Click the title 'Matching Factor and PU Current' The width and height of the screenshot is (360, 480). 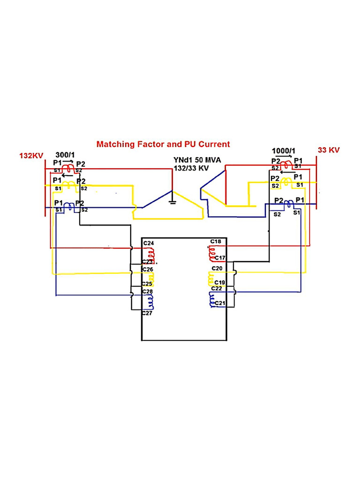pyautogui.click(x=163, y=144)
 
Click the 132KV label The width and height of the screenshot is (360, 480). pyautogui.click(x=31, y=155)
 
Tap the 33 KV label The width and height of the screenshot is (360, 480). pyautogui.click(x=329, y=150)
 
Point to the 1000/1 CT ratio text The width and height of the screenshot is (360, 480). pyautogui.click(x=283, y=151)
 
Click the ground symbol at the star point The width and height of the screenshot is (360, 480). pyautogui.click(x=172, y=201)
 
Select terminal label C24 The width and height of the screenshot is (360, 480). pyautogui.click(x=148, y=243)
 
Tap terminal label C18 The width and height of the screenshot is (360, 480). pyautogui.click(x=216, y=241)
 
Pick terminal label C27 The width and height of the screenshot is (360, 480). pyautogui.click(x=148, y=313)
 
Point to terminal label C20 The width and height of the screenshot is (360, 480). pyautogui.click(x=217, y=268)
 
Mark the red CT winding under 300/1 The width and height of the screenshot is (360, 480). pyautogui.click(x=68, y=168)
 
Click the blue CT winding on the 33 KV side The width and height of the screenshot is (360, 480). pyautogui.click(x=290, y=203)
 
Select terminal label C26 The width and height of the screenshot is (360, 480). pyautogui.click(x=148, y=270)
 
